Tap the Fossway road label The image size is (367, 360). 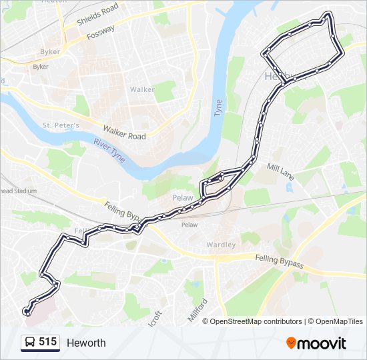tap(99, 32)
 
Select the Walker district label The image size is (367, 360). tap(142, 89)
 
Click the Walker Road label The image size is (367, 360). tap(124, 132)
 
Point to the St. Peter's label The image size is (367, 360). tap(61, 125)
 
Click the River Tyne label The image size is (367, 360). tap(109, 150)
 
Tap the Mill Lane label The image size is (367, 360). tap(280, 172)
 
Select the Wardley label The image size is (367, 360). tap(221, 245)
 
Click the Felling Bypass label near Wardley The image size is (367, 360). tap(279, 261)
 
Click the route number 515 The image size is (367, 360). tap(47, 342)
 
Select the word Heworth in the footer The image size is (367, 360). tap(85, 343)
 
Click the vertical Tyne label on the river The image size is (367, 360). tap(218, 108)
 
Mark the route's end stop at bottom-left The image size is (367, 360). tap(26, 311)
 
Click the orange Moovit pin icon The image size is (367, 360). tap(291, 343)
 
